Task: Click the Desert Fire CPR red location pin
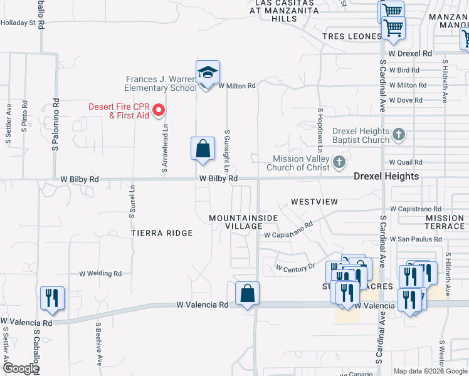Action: (x=159, y=110)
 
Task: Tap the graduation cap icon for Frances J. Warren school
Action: (x=208, y=73)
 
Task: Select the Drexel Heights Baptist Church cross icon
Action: (x=398, y=134)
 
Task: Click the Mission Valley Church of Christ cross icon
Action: (x=339, y=163)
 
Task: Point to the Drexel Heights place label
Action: (x=386, y=176)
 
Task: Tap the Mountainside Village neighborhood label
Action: (x=235, y=221)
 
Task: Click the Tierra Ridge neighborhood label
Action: (x=162, y=233)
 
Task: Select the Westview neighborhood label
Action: (x=314, y=202)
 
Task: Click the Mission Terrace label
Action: (x=445, y=222)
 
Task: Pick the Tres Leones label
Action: (x=352, y=36)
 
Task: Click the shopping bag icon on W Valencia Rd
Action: (x=247, y=293)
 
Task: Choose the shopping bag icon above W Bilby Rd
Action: (x=203, y=149)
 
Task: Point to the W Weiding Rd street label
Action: (x=100, y=274)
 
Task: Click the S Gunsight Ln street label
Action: (x=226, y=151)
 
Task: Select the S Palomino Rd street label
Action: (x=55, y=125)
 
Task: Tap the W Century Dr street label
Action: (x=295, y=268)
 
